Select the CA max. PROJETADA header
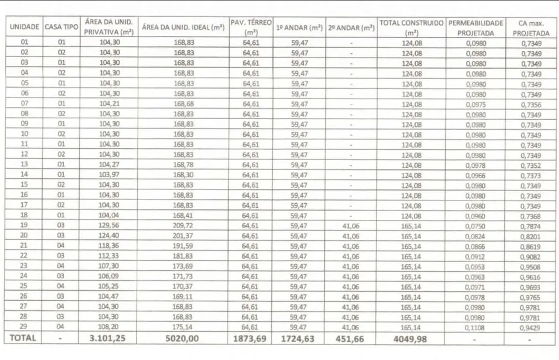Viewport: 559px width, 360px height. pyautogui.click(x=531, y=28)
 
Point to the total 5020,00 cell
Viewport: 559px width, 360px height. pyautogui.click(x=183, y=338)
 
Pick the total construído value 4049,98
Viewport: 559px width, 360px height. pyautogui.click(x=411, y=338)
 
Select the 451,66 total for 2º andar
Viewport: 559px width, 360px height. pyautogui.click(x=350, y=338)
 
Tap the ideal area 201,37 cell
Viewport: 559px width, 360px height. pyautogui.click(x=183, y=236)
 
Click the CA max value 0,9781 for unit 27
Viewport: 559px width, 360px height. pyautogui.click(x=531, y=307)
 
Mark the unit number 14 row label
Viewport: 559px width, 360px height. pyautogui.click(x=24, y=175)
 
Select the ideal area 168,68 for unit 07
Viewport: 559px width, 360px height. pyautogui.click(x=183, y=104)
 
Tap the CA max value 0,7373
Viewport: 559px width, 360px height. pyautogui.click(x=531, y=175)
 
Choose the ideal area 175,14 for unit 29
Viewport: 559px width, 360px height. pyautogui.click(x=183, y=327)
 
